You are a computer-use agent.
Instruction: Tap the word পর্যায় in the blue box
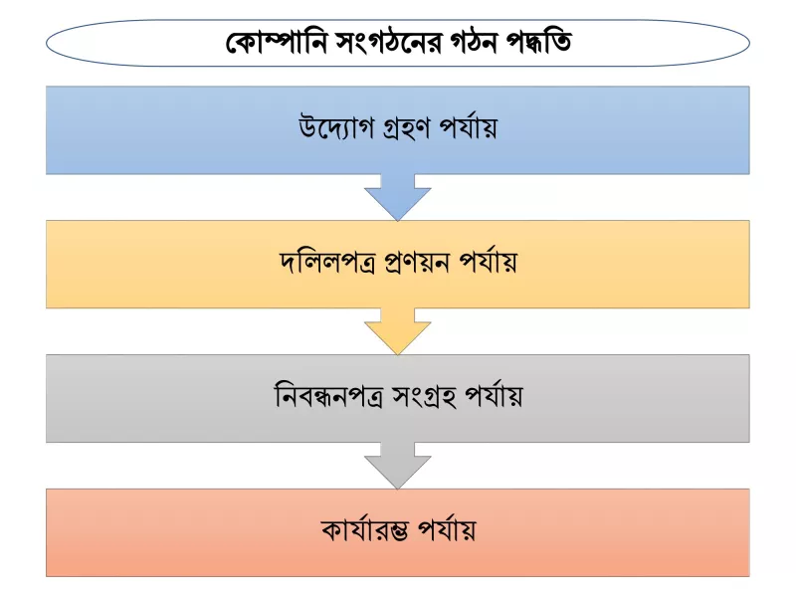(468, 127)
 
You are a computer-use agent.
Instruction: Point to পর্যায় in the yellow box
(488, 262)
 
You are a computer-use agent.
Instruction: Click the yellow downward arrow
(397, 331)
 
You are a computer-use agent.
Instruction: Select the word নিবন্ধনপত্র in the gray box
(328, 396)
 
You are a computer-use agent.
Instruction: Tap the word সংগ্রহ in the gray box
(424, 397)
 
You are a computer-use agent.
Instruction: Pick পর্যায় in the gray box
(494, 396)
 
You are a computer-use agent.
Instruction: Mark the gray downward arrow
(397, 466)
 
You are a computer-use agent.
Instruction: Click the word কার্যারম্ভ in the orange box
(365, 530)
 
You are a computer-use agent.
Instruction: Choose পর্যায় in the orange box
(447, 530)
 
